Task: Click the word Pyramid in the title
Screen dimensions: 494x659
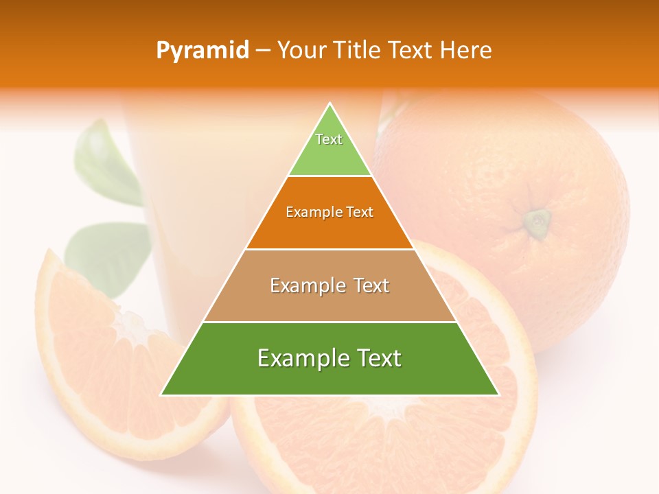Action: tap(202, 51)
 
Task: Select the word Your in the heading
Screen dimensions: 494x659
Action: tap(301, 50)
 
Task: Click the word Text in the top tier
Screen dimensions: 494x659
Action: tap(329, 139)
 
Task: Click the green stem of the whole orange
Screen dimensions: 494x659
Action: tap(537, 221)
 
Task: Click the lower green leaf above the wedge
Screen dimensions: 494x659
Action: tap(110, 254)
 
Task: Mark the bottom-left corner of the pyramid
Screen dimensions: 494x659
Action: tap(161, 395)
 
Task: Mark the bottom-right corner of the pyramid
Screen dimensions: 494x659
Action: tap(499, 395)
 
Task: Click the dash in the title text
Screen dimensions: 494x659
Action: tap(263, 51)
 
